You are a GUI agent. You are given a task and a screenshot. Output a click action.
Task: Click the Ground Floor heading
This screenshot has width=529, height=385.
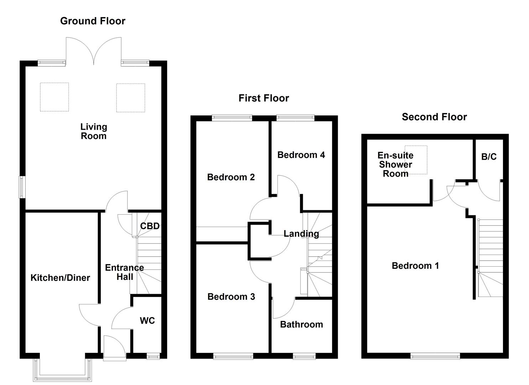(x=93, y=21)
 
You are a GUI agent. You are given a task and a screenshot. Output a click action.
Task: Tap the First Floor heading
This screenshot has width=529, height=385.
(x=264, y=98)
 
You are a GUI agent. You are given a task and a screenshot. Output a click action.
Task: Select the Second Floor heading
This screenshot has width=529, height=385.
(x=434, y=117)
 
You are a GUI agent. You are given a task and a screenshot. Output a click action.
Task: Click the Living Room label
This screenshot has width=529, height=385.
(x=93, y=131)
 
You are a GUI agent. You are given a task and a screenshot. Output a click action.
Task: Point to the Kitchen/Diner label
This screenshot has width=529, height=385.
(x=60, y=278)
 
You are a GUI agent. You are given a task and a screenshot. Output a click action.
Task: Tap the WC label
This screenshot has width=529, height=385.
(x=147, y=320)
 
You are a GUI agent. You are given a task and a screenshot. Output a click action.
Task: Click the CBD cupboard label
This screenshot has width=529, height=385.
(x=150, y=226)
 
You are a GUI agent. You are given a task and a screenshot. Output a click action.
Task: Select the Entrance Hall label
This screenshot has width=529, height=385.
(x=124, y=272)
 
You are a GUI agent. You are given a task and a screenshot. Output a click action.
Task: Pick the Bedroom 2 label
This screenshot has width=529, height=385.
(x=231, y=177)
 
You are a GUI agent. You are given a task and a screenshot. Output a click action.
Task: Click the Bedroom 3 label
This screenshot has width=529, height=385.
(x=231, y=297)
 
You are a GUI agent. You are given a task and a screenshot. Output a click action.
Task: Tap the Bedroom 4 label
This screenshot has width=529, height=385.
(x=301, y=155)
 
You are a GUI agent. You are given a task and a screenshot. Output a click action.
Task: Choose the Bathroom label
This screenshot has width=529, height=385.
(x=301, y=324)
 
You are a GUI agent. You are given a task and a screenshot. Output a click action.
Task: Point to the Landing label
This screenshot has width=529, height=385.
(x=301, y=233)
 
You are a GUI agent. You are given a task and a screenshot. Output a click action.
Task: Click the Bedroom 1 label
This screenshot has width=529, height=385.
(x=415, y=266)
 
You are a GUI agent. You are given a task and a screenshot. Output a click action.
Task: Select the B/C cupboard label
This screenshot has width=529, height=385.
(x=489, y=157)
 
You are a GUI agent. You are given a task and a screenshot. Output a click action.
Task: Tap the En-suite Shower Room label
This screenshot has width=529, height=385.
(x=395, y=165)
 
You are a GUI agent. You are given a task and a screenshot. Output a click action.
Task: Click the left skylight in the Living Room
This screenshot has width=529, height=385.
(x=54, y=97)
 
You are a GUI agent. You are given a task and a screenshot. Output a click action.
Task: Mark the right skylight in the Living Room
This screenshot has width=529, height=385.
(x=130, y=98)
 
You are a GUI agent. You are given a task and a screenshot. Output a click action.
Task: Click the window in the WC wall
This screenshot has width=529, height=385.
(x=154, y=355)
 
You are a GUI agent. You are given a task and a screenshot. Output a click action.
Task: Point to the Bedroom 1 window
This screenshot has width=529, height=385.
(x=435, y=355)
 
